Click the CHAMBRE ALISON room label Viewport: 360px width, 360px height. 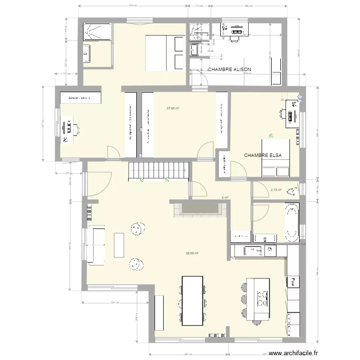coord(229,70)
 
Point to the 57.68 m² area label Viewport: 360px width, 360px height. coord(173,108)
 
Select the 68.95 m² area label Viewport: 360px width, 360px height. coord(192,253)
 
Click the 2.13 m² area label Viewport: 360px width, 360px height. coord(276,190)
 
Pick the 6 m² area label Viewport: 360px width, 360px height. coord(224,197)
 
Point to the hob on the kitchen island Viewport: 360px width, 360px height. coord(262,299)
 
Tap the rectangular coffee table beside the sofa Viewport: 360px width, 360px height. coord(119,245)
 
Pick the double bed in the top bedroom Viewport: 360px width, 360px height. coord(165,53)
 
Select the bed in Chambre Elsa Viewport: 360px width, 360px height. coord(276,158)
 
